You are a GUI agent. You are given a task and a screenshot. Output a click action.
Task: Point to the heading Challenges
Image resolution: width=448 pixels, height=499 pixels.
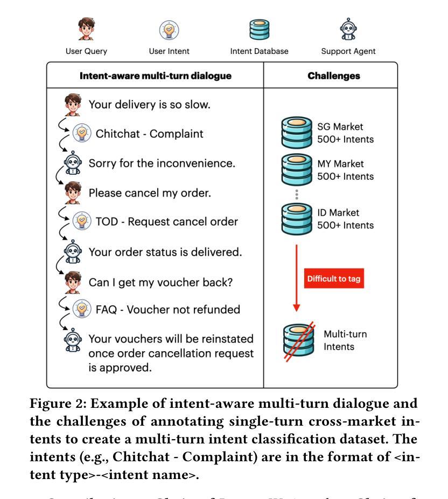coord(331,77)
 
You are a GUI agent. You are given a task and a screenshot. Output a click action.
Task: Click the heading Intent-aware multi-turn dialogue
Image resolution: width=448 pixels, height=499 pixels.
coord(156,77)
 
